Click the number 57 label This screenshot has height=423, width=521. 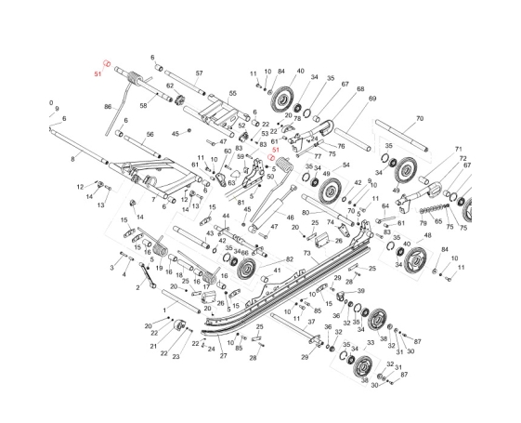199,73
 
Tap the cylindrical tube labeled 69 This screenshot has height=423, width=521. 353,139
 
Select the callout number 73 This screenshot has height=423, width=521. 307,253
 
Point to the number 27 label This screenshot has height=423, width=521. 223,355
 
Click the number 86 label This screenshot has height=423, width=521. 108,107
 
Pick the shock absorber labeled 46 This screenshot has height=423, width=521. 270,208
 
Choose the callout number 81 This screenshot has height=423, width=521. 241,202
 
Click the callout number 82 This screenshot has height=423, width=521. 290,259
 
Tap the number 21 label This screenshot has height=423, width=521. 153,346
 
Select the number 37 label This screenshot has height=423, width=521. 311,322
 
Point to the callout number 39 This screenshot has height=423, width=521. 361,291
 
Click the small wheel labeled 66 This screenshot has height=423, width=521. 245,268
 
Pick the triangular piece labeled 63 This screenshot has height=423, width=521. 235,174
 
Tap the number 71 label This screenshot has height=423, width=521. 459,149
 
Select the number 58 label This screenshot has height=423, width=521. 143,105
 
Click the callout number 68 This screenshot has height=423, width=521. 360,89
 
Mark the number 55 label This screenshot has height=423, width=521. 232,94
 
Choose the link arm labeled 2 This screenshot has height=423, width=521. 147,274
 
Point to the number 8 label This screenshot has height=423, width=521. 72,159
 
